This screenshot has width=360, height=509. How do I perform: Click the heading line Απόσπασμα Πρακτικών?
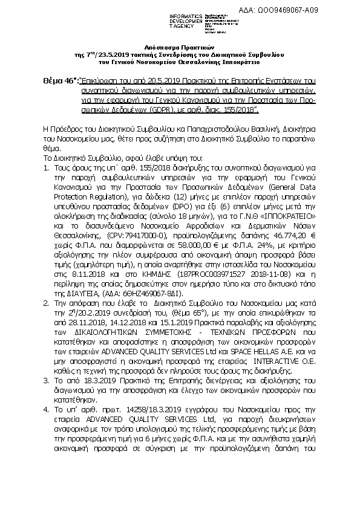click(x=180, y=47)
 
